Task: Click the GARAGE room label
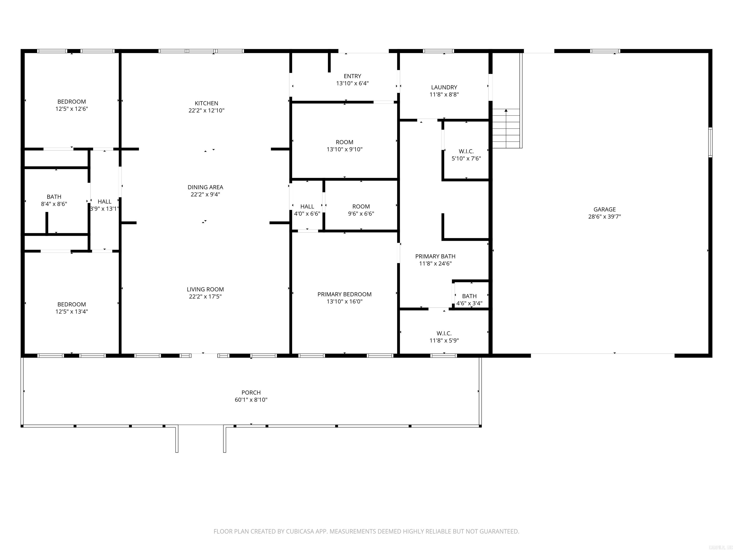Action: pos(604,209)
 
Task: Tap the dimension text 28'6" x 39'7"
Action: pos(604,217)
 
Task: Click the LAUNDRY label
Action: pos(444,87)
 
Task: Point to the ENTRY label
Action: pos(352,76)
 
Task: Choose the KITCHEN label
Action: pos(206,103)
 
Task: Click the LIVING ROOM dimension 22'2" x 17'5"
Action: pos(205,297)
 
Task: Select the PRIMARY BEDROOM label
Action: pos(344,294)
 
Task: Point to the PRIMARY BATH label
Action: pos(435,256)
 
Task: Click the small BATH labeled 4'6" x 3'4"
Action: pos(469,296)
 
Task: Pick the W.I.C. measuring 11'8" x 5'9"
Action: pos(444,333)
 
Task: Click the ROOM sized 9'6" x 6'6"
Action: pos(361,206)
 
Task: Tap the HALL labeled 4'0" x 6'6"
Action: pos(307,206)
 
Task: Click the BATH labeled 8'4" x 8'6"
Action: pos(54,197)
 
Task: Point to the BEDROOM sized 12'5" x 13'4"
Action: pos(72,304)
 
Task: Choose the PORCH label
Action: pos(251,392)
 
